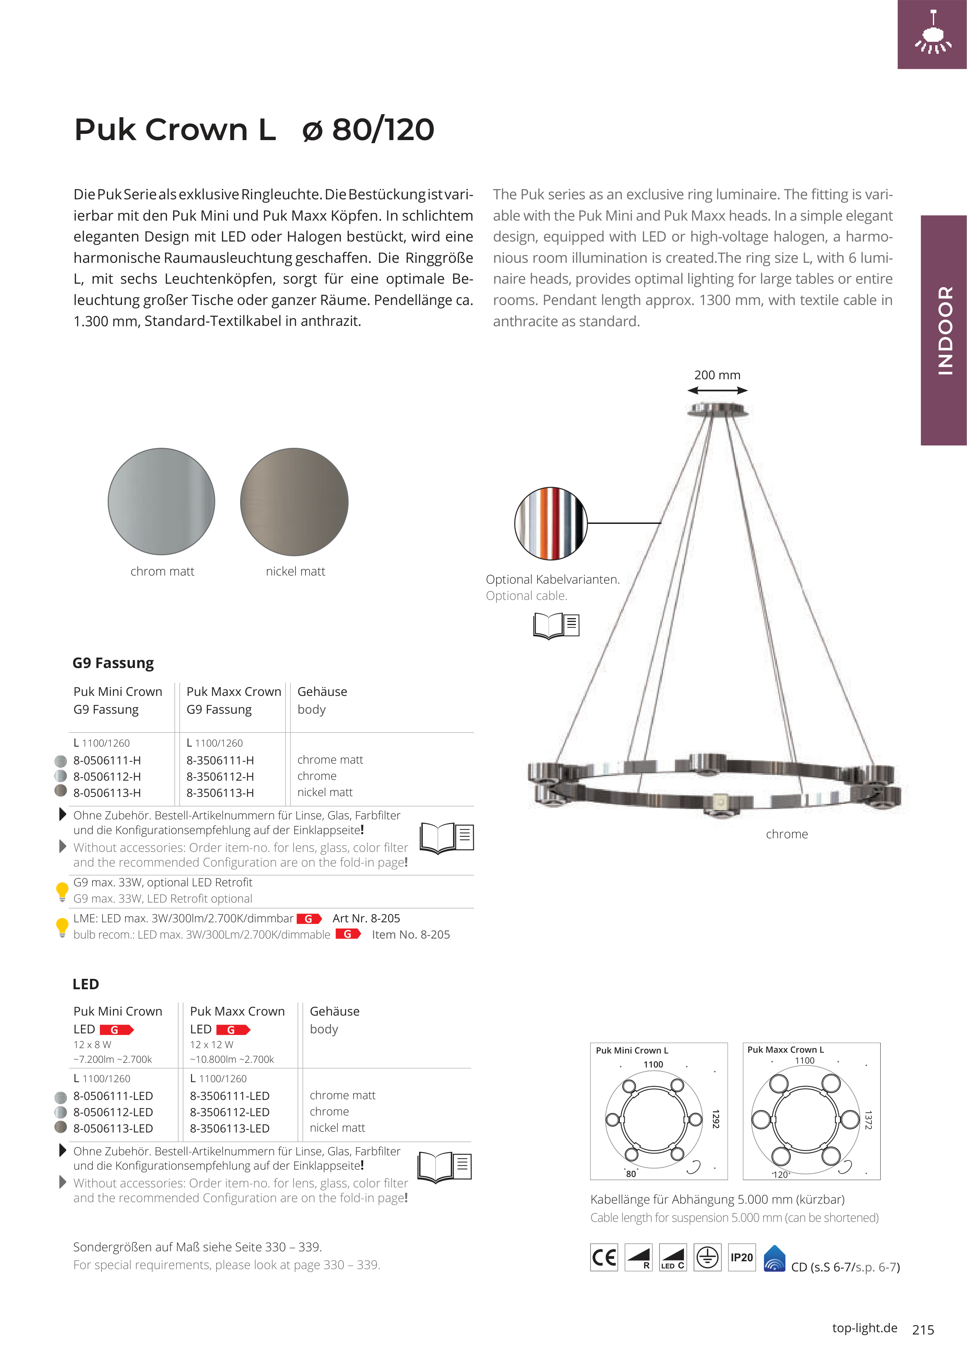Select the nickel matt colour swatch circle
click(294, 501)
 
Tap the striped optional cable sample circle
click(551, 523)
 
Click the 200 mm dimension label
click(717, 375)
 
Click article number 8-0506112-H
click(107, 776)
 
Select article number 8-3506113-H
click(220, 793)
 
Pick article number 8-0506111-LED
click(113, 1096)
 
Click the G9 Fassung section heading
click(113, 663)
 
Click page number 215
click(923, 1329)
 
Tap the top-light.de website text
click(864, 1328)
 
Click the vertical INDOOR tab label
click(945, 331)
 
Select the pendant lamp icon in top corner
click(933, 34)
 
